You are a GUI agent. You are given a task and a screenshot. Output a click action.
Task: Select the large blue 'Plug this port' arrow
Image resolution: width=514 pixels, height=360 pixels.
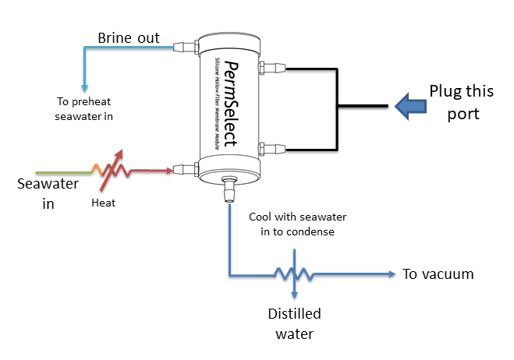click(409, 105)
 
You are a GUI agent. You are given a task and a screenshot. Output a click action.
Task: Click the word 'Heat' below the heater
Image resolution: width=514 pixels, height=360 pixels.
click(104, 203)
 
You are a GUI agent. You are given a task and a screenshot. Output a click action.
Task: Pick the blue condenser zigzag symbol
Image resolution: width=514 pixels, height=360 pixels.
click(293, 274)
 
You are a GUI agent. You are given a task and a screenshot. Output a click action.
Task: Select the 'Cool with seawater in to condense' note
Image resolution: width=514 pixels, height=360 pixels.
click(296, 224)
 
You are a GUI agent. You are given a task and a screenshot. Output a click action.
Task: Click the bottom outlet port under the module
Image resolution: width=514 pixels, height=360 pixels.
click(230, 189)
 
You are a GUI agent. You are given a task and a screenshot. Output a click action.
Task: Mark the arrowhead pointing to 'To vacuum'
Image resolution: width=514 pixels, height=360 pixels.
click(390, 274)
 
